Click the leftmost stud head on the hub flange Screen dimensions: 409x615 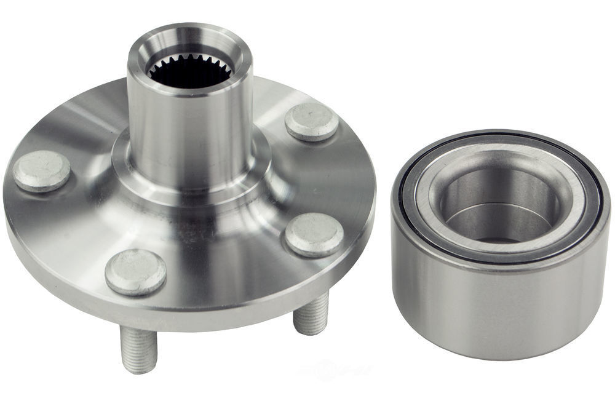click(42, 171)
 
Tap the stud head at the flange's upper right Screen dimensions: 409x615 click(312, 121)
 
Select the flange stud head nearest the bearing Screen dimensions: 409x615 click(314, 234)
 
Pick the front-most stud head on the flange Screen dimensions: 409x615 click(135, 271)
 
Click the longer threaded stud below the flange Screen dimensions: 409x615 click(139, 348)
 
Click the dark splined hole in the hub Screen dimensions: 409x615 click(191, 73)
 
